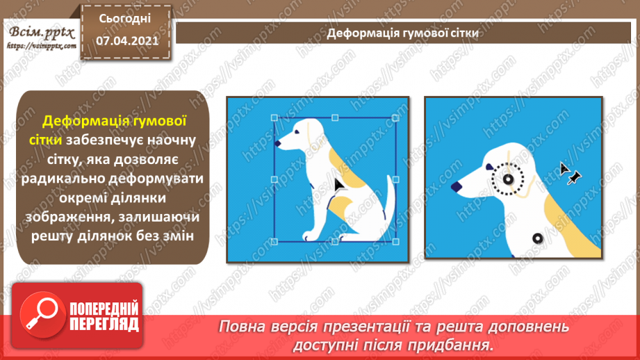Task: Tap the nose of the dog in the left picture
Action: coord(278,144)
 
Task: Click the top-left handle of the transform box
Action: coord(274,118)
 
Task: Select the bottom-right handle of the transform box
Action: coord(395,241)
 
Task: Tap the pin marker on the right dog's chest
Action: coord(536,238)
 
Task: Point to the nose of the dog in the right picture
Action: coord(457,186)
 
